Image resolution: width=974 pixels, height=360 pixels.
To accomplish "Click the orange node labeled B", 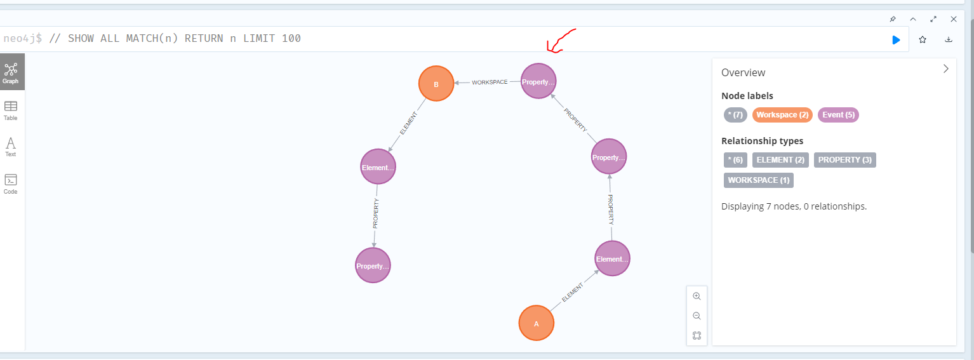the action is click(x=436, y=83).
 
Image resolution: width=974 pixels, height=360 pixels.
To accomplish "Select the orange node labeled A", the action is click(x=536, y=323).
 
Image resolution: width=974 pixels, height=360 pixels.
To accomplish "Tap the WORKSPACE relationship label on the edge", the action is click(x=490, y=82).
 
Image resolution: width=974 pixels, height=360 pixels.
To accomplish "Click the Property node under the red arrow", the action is click(x=538, y=81).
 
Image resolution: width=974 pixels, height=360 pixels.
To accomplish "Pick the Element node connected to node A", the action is click(x=612, y=258).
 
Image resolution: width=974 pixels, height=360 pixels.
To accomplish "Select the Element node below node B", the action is click(x=378, y=167).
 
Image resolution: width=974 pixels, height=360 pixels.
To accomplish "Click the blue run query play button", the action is click(x=896, y=40).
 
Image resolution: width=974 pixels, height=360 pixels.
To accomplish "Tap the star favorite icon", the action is click(x=923, y=39).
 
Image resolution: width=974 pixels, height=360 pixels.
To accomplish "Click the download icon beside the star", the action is click(x=949, y=39).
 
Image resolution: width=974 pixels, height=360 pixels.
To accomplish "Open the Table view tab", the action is click(x=10, y=110).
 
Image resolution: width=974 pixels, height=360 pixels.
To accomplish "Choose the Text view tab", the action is click(x=10, y=147).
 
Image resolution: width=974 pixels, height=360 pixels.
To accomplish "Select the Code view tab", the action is click(x=10, y=184).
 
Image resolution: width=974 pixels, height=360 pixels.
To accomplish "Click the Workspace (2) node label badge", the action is click(x=782, y=115).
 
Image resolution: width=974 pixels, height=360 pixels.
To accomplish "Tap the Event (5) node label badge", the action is click(x=838, y=115).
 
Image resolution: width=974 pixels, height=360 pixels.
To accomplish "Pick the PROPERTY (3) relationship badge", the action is click(x=845, y=160).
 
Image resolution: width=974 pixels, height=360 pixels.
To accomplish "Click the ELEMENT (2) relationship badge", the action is click(x=780, y=160).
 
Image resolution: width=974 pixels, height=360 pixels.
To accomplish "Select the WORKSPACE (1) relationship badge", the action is click(x=759, y=180).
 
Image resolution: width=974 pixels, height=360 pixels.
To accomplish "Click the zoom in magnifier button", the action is click(x=697, y=296).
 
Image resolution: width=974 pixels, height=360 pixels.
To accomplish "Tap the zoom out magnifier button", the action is click(x=697, y=316).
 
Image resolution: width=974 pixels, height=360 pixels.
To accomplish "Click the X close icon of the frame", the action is click(x=954, y=19).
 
